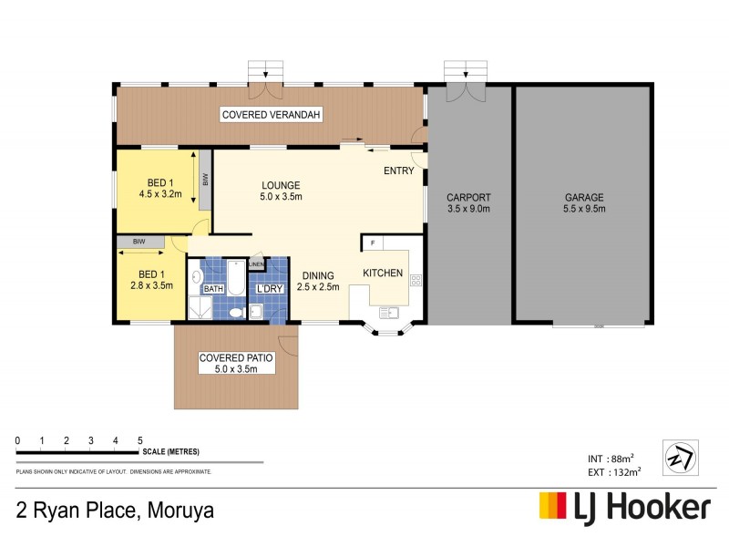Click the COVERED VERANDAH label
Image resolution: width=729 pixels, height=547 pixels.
pyautogui.click(x=272, y=114)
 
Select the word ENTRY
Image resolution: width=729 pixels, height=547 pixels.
pyautogui.click(x=398, y=170)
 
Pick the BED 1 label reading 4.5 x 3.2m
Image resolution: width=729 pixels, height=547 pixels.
pyautogui.click(x=160, y=188)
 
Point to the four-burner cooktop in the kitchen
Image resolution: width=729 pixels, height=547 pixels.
pyautogui.click(x=416, y=281)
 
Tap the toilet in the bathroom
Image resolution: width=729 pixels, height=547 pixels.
pyautogui.click(x=235, y=312)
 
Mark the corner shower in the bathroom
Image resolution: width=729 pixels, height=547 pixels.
pyautogui.click(x=199, y=307)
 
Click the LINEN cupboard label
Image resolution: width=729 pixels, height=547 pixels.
pyautogui.click(x=256, y=264)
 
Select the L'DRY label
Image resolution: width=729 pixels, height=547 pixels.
pyautogui.click(x=270, y=289)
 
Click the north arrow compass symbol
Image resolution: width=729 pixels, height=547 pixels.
pyautogui.click(x=681, y=454)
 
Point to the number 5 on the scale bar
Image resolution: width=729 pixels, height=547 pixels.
pyautogui.click(x=139, y=441)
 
